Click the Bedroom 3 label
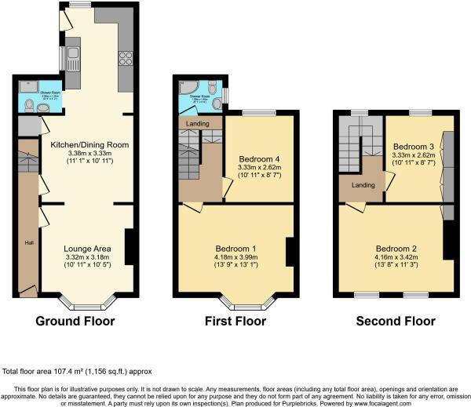pyautogui.click(x=413, y=147)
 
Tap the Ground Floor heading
pyautogui.click(x=75, y=322)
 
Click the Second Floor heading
pyautogui.click(x=395, y=322)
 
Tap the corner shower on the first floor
pyautogui.click(x=184, y=90)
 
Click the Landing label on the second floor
pyautogui.click(x=363, y=186)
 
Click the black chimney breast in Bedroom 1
pyautogui.click(x=290, y=251)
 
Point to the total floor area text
pyautogui.click(x=76, y=371)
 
